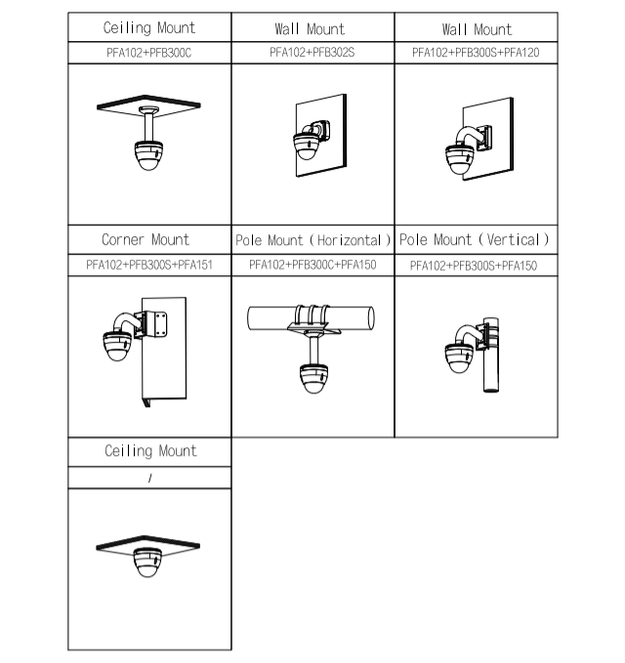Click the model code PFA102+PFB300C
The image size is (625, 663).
(x=148, y=53)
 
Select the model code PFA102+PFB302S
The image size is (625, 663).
(x=312, y=52)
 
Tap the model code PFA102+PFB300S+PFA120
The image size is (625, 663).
(x=476, y=53)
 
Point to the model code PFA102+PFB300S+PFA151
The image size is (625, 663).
(x=149, y=265)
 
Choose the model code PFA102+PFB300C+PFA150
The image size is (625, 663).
(x=312, y=265)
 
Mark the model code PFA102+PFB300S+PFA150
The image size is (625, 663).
(x=474, y=266)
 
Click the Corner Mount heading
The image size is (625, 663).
(x=146, y=239)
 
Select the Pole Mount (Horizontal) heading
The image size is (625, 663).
(x=312, y=240)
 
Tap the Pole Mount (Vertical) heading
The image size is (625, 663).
(x=475, y=240)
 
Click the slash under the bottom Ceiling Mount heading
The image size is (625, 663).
(x=150, y=477)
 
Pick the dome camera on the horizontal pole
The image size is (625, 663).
(x=313, y=379)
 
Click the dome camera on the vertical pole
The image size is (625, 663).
(x=460, y=358)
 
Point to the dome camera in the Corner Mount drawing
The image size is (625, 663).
(x=117, y=346)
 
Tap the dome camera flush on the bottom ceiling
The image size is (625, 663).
(x=147, y=562)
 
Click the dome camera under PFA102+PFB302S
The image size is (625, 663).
(x=307, y=146)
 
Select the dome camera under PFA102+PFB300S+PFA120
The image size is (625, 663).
(x=461, y=159)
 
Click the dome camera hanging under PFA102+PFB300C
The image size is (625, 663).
(x=148, y=155)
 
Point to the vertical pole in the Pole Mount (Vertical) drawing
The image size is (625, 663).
(x=491, y=354)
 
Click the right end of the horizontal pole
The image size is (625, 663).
(x=372, y=318)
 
